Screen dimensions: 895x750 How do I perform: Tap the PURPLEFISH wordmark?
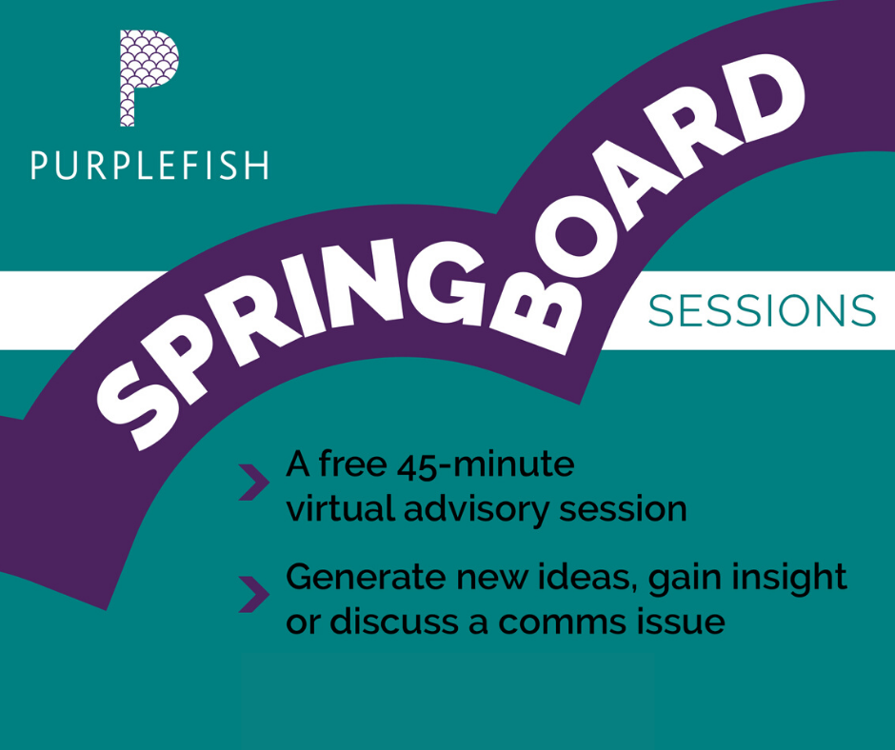pos(149,166)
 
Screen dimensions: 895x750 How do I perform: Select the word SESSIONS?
pos(762,311)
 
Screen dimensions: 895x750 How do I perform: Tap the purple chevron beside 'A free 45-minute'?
pos(253,483)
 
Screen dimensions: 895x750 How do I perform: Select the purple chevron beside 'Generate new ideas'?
pos(253,594)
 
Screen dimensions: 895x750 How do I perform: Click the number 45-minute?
pos(486,465)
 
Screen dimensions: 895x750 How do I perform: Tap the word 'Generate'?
pos(366,577)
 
